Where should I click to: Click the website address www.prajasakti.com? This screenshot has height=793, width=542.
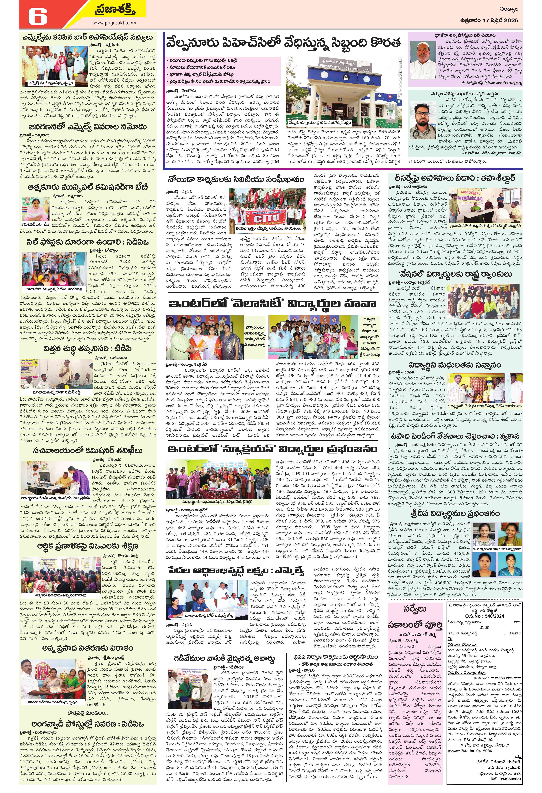[x=114, y=23]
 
